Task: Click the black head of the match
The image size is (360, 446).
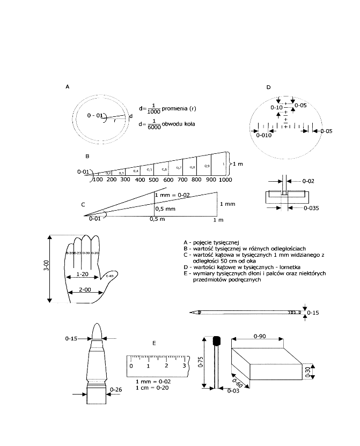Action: tap(218, 341)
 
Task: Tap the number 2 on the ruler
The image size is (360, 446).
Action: tap(167, 366)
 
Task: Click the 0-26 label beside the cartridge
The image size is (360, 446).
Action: tap(115, 389)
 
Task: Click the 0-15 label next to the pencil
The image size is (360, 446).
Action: tap(314, 313)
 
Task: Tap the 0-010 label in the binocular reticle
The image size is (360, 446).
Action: tap(264, 135)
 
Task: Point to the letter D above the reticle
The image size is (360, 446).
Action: tap(268, 87)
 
